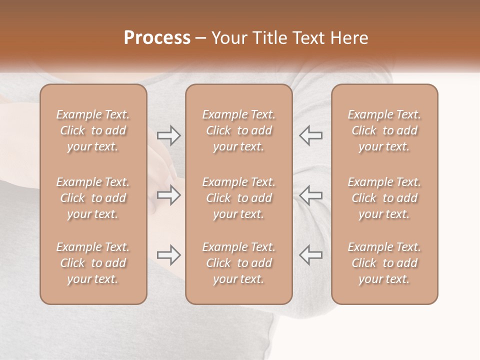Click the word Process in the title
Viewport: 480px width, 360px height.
(x=157, y=38)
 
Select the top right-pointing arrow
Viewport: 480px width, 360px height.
(x=168, y=135)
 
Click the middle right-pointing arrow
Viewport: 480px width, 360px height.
(x=168, y=195)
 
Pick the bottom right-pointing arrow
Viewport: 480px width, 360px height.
(x=168, y=255)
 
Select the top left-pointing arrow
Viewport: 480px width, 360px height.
(x=311, y=135)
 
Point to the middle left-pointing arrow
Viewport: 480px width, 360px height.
(x=311, y=195)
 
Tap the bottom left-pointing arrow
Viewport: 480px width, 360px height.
(x=311, y=255)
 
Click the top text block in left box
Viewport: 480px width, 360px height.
(x=93, y=130)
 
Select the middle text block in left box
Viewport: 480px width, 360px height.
(x=93, y=198)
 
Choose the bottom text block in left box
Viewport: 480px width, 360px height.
(x=93, y=263)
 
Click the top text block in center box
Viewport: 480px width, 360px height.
(x=238, y=130)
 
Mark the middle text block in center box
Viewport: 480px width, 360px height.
(x=238, y=198)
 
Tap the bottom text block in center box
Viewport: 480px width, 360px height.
(x=238, y=263)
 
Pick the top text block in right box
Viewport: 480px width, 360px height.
(x=384, y=130)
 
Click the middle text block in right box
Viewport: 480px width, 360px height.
(x=384, y=198)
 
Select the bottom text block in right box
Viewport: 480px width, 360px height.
(x=384, y=263)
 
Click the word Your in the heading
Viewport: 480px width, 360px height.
(x=229, y=38)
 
